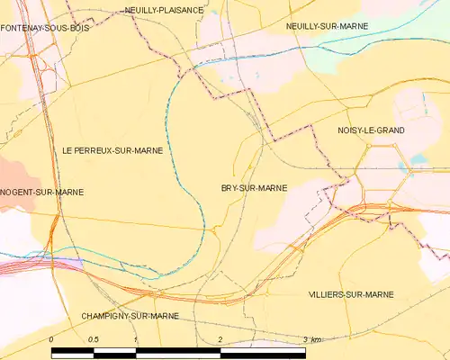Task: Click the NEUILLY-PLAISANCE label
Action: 164,10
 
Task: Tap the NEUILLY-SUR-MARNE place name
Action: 327,27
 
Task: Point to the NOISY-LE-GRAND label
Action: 370,130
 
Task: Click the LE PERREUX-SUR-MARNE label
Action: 112,150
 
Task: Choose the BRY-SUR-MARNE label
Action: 254,188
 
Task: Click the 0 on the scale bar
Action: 52,339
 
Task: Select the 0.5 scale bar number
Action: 93,339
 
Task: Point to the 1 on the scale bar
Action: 135,339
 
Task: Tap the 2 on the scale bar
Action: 220,339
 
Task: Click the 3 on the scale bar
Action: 304,339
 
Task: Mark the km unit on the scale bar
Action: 316,339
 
